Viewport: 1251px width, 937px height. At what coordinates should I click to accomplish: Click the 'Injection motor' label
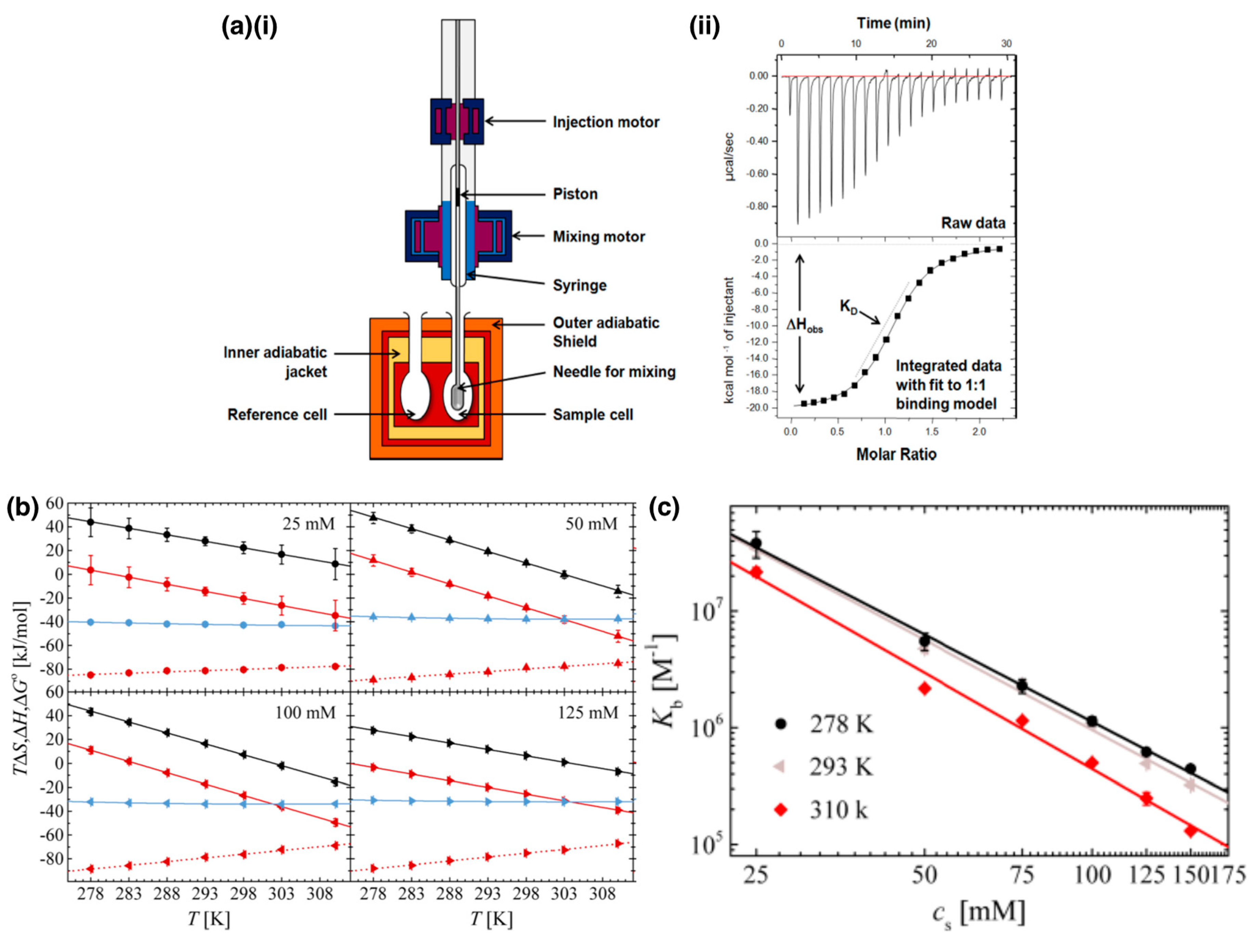[x=606, y=122]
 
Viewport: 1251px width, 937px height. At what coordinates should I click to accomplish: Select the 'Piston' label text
[x=575, y=194]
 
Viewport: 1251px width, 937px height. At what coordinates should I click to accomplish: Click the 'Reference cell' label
[x=277, y=415]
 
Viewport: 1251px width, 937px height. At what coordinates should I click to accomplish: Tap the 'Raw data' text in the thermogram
[x=973, y=223]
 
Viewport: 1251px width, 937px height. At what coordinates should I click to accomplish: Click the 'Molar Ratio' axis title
[x=896, y=454]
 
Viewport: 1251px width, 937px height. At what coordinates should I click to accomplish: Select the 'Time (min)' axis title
[x=893, y=23]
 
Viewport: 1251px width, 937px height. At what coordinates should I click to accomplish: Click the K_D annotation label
[x=848, y=307]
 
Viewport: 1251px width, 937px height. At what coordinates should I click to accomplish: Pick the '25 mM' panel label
[x=308, y=524]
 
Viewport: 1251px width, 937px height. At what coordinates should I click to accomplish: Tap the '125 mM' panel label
[x=588, y=712]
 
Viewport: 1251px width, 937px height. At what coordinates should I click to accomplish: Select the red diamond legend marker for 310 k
[x=781, y=810]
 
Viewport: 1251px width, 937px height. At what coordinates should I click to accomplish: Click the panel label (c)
[x=664, y=508]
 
